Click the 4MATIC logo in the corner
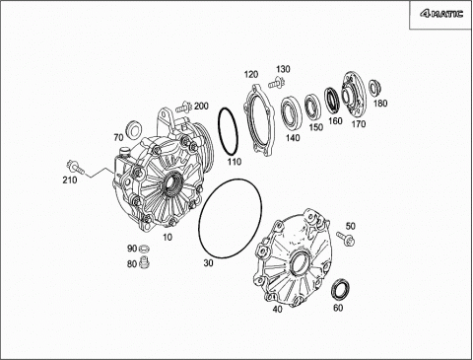[x=441, y=14]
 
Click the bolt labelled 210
[x=75, y=168]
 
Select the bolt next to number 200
[x=184, y=108]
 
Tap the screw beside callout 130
[x=276, y=83]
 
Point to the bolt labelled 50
[x=346, y=239]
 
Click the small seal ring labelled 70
[x=133, y=128]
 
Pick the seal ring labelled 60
[x=340, y=289]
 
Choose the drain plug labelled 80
[x=144, y=262]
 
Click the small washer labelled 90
[x=143, y=249]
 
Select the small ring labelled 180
[x=373, y=88]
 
